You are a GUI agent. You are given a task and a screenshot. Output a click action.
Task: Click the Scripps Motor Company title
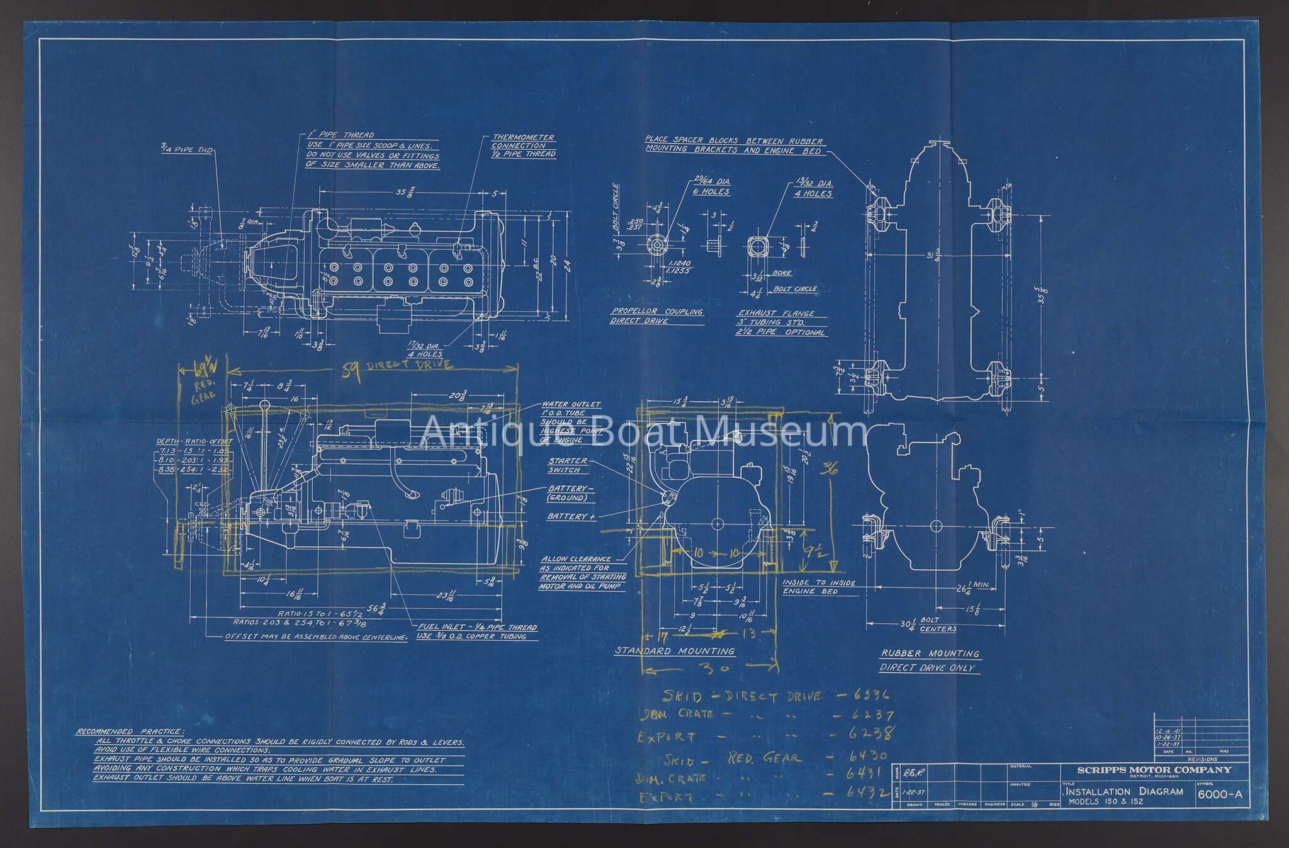[x=1154, y=770]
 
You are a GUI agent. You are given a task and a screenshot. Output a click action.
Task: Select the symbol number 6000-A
[x=1220, y=794]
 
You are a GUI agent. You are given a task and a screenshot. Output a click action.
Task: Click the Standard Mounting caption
[x=675, y=651]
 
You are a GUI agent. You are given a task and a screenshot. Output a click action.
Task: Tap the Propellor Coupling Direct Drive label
[x=656, y=316]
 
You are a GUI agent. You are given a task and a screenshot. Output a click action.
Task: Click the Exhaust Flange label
[x=776, y=313]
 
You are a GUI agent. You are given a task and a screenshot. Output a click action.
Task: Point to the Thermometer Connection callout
[x=523, y=145]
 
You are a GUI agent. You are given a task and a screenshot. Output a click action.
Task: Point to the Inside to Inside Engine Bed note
[x=818, y=587]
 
